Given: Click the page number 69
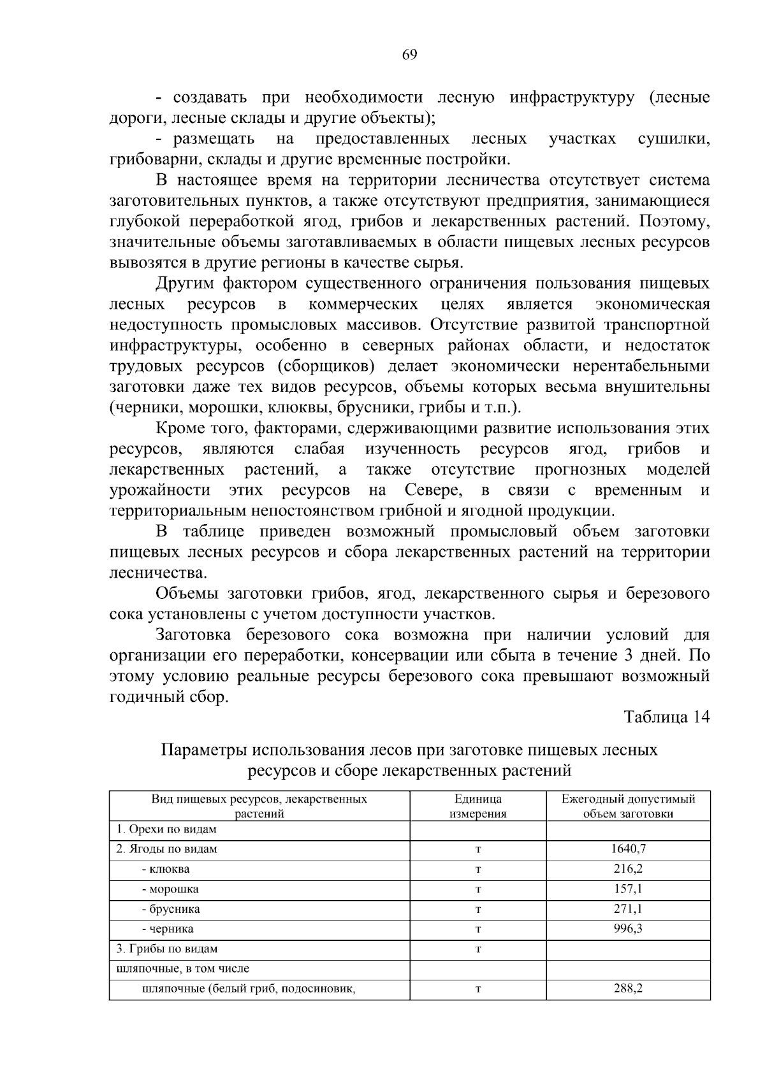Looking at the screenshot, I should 409,55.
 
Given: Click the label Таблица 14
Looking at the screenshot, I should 666,717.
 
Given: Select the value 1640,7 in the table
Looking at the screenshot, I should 629,848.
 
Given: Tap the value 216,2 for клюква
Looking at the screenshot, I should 629,869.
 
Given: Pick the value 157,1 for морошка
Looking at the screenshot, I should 629,889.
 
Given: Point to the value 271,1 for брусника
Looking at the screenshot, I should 629,909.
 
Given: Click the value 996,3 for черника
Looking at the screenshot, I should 629,929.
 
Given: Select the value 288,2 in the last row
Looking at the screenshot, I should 629,989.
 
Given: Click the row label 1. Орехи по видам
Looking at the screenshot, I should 166,829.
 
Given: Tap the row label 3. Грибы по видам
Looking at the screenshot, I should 167,949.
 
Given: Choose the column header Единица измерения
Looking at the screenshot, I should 478,806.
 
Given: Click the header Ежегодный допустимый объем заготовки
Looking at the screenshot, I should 629,806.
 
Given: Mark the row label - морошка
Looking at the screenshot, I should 170,889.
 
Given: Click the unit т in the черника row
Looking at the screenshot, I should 478,929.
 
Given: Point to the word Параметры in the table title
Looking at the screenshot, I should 203,750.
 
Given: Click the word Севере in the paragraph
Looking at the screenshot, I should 433,490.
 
